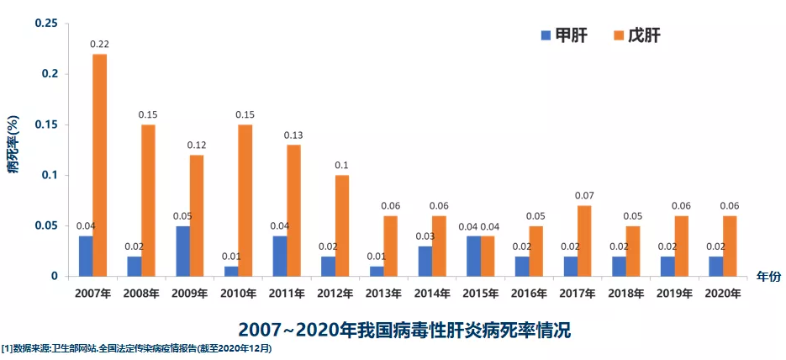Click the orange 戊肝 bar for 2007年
coord(99,165)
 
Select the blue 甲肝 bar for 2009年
coord(182,251)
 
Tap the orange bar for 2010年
coord(245,200)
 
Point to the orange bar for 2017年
coord(584,241)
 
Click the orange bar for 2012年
coord(341,225)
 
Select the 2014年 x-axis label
coord(431,294)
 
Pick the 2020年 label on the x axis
coord(722,294)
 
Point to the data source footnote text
coord(137,347)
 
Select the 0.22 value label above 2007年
coord(99,43)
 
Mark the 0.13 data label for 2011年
coord(293,135)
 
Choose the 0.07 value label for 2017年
coord(584,195)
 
